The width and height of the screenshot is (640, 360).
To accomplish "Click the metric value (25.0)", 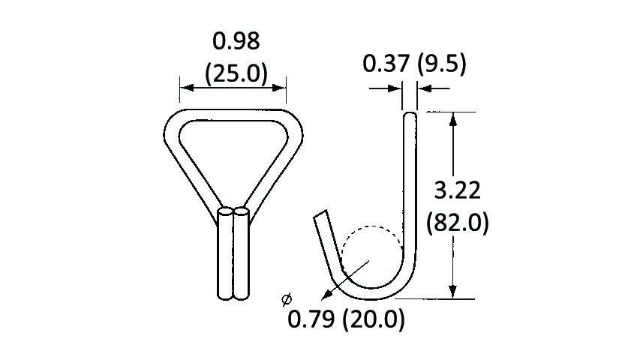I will pos(236,73).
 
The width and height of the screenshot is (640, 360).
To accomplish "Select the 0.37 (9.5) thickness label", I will pos(414,64).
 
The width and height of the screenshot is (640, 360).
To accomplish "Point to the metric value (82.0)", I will pos(457,223).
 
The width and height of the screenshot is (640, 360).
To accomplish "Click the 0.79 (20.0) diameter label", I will pos(347,320).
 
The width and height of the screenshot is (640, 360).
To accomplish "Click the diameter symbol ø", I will pos(286,300).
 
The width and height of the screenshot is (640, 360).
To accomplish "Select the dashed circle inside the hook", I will pos(371,230).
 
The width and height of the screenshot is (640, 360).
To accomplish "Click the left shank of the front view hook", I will pos(225,255).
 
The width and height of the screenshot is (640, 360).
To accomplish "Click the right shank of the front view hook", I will pos(242,255).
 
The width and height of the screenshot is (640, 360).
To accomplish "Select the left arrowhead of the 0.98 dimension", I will pos(183,88).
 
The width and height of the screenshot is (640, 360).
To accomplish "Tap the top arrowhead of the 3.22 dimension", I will pos(452,117).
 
